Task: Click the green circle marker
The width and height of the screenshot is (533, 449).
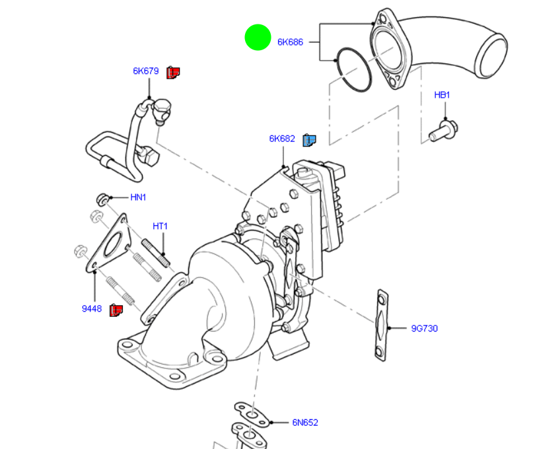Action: coord(258,37)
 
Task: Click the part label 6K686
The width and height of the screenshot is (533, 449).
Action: coord(290,42)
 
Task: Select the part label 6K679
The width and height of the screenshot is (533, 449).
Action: coord(145,71)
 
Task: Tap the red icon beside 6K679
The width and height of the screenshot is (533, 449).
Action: coord(173,72)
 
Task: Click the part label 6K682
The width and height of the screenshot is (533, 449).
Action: coord(282,139)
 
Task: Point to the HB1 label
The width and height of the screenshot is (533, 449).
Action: coord(442,95)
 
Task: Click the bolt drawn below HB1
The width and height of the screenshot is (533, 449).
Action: coord(444,130)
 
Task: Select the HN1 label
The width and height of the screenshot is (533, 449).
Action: coord(138,197)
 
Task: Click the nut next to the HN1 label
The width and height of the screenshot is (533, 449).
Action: coord(102,197)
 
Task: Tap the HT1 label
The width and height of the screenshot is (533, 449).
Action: coord(160,226)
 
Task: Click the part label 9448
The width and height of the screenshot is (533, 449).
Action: coord(92,308)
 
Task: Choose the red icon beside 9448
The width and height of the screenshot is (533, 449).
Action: coord(116,308)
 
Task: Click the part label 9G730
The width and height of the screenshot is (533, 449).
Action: coord(424,328)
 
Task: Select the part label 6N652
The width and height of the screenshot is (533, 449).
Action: coord(305,423)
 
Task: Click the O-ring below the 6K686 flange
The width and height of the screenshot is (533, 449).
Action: coord(353,69)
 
